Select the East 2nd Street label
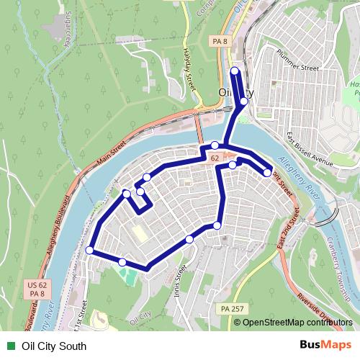tap(289, 226)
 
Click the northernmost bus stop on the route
tap(235, 71)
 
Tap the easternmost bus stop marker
tap(268, 172)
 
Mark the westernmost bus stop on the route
tap(90, 250)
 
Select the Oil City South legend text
tap(55, 346)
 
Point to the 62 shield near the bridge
tap(215, 156)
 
